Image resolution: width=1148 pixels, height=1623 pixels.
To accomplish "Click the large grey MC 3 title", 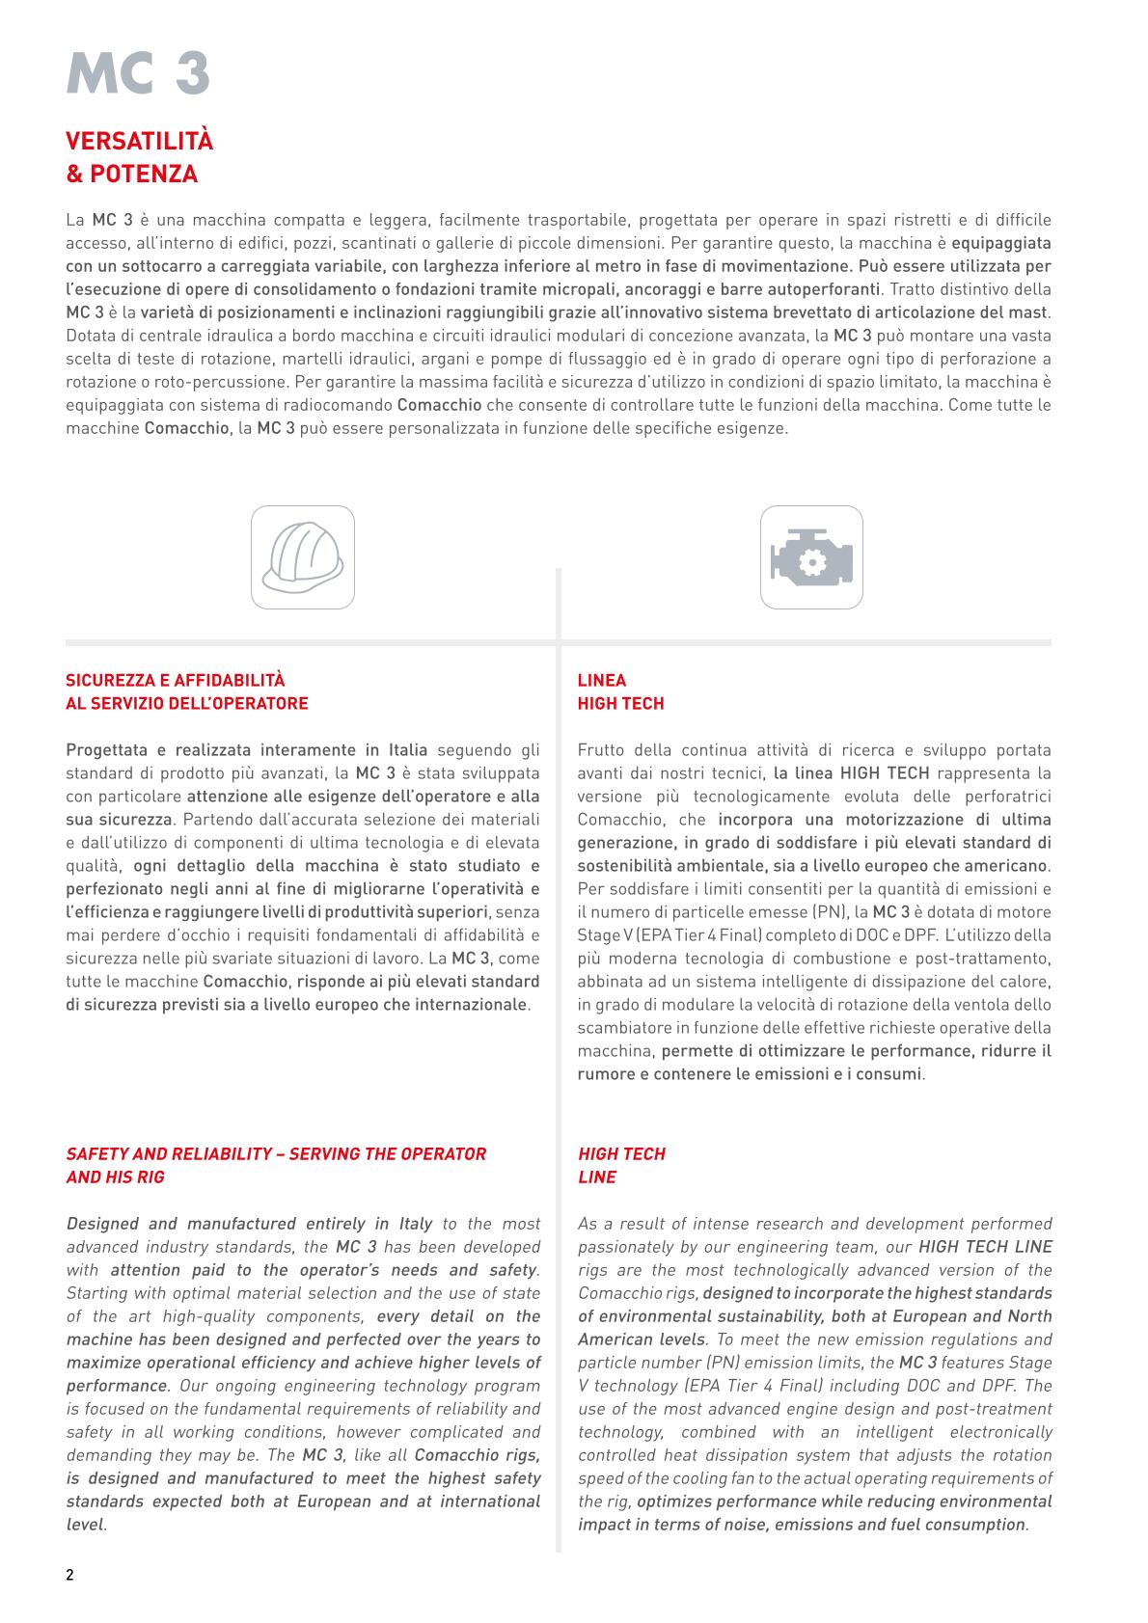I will tap(138, 73).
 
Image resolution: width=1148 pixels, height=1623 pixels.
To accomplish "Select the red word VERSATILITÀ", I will tap(139, 141).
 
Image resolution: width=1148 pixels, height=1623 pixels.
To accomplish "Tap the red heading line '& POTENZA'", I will tap(131, 175).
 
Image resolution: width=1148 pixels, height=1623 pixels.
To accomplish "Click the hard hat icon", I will tap(302, 557).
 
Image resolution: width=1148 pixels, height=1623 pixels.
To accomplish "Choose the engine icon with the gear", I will tap(811, 557).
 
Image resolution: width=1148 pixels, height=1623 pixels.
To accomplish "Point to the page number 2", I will tap(69, 1576).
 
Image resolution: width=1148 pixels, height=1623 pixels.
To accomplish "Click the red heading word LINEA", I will tap(601, 681).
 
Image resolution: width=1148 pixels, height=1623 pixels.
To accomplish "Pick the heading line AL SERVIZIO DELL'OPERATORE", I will tap(186, 704).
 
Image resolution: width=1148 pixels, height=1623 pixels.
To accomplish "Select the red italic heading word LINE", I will tap(596, 1177).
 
